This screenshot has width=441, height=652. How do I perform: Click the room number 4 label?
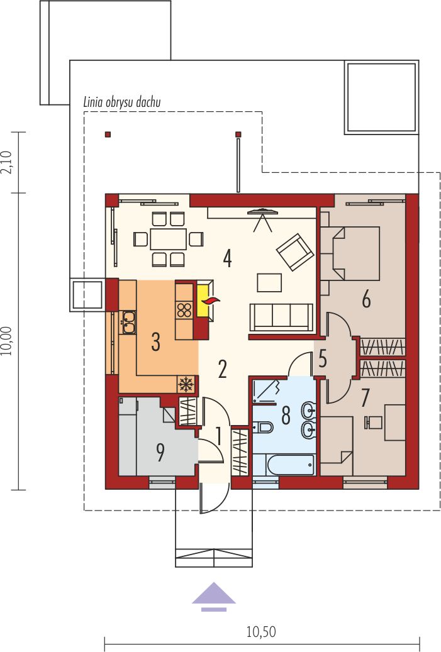[x=227, y=258]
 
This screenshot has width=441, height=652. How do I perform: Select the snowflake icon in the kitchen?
[x=186, y=384]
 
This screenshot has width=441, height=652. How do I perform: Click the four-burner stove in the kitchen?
[x=184, y=311]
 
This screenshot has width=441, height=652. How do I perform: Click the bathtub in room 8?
[x=291, y=465]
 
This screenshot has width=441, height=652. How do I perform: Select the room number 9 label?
[x=160, y=453]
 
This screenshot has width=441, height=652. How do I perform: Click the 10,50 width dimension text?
[x=261, y=633]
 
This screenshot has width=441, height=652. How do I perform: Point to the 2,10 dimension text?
[x=7, y=162]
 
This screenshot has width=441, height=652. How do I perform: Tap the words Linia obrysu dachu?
[x=122, y=102]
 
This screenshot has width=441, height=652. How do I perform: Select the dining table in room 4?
[x=168, y=239]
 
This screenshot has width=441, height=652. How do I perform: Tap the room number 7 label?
[x=365, y=398]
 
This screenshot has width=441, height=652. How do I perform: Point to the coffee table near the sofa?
[x=270, y=282]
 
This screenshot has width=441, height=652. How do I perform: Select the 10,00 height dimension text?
[x=7, y=341]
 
